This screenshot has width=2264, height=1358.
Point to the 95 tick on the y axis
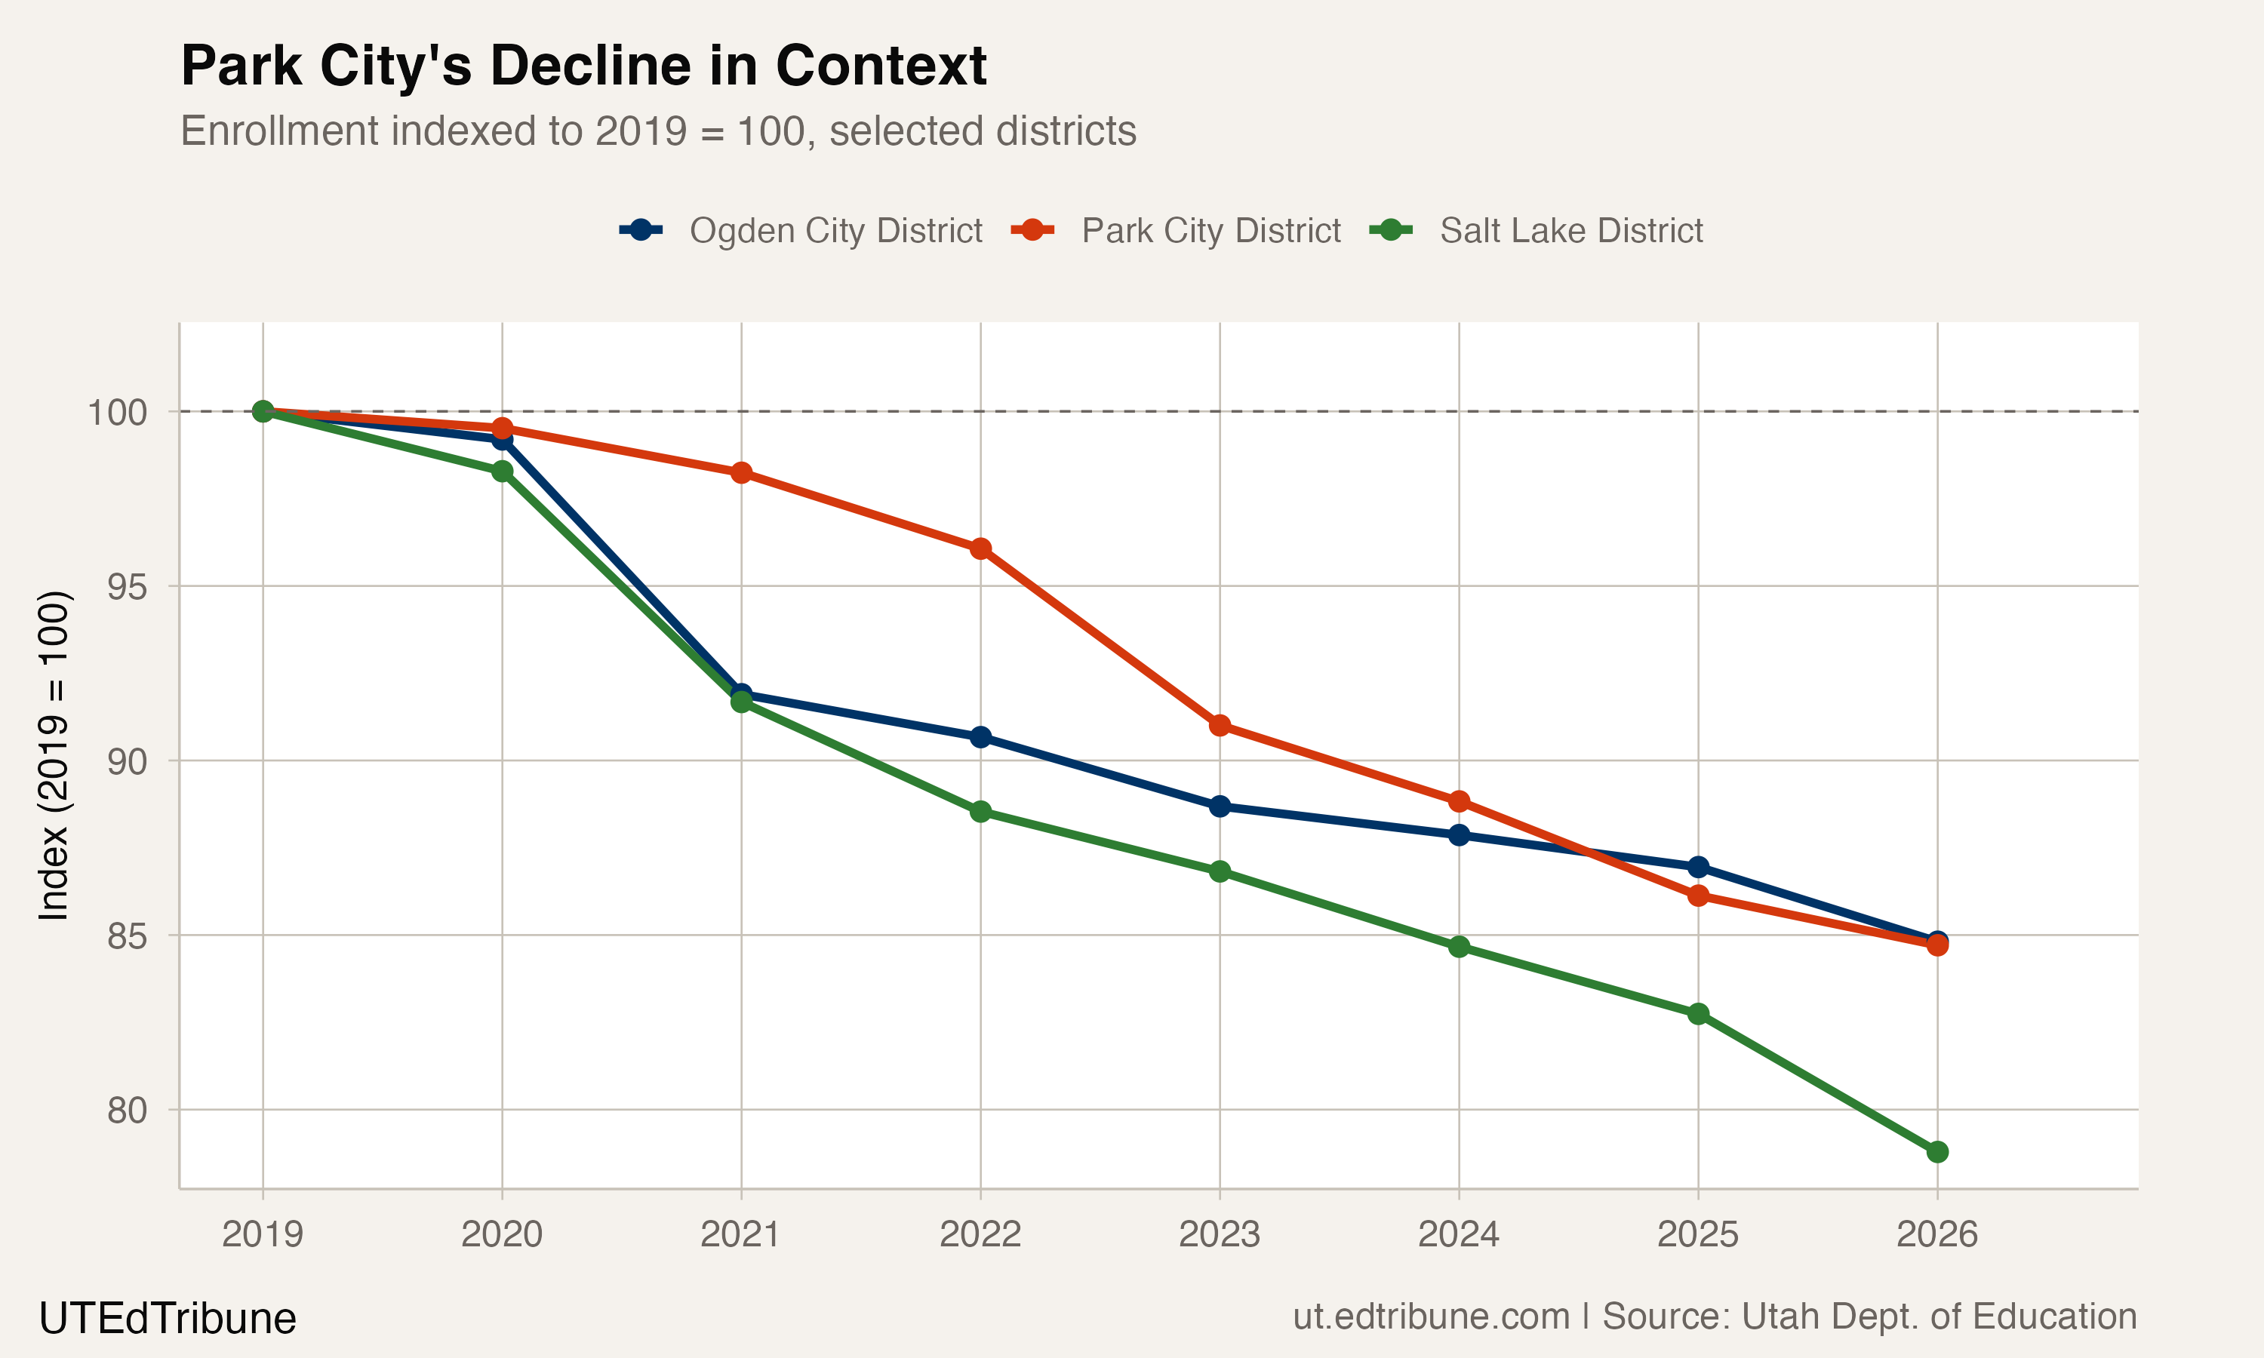pyautogui.click(x=126, y=586)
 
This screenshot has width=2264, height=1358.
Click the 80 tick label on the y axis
pyautogui.click(x=126, y=1110)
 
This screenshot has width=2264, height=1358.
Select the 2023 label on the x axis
pyautogui.click(x=1219, y=1234)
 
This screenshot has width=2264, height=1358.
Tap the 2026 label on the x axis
pyautogui.click(x=1936, y=1234)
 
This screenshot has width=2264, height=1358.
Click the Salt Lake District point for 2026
pyautogui.click(x=1937, y=1152)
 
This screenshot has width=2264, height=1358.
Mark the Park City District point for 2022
pyautogui.click(x=980, y=549)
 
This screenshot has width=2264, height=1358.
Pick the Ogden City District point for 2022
pyautogui.click(x=980, y=736)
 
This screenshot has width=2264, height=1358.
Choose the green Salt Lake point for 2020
pyautogui.click(x=503, y=472)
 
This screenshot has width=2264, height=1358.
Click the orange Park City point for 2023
pyautogui.click(x=1220, y=726)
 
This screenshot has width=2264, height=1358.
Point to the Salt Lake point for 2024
pyautogui.click(x=1459, y=946)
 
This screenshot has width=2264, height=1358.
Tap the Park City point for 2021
pyautogui.click(x=741, y=473)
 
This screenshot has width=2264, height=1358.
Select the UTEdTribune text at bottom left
pyautogui.click(x=168, y=1319)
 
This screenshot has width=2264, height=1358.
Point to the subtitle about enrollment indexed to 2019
pyautogui.click(x=658, y=131)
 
